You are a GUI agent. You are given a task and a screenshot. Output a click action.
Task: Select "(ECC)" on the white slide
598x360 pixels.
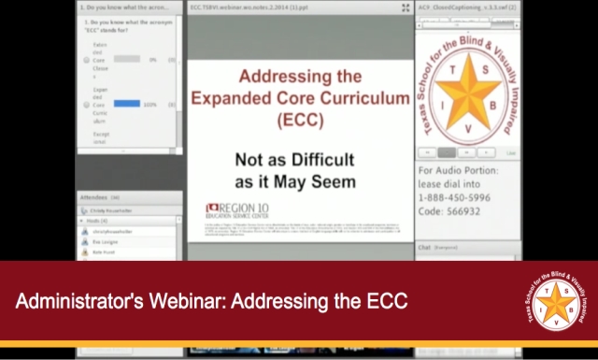pyautogui.click(x=300, y=121)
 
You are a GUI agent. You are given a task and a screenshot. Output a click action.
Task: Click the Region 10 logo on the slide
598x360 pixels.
pyautogui.click(x=240, y=209)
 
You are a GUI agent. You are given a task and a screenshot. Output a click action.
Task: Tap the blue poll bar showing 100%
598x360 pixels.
pyautogui.click(x=126, y=103)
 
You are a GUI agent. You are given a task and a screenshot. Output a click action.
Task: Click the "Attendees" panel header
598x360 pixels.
pyautogui.click(x=95, y=198)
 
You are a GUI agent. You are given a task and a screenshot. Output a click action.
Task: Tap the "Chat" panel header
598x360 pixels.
pyautogui.click(x=424, y=248)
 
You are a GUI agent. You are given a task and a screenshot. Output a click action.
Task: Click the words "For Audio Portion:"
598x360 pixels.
pyautogui.click(x=464, y=171)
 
